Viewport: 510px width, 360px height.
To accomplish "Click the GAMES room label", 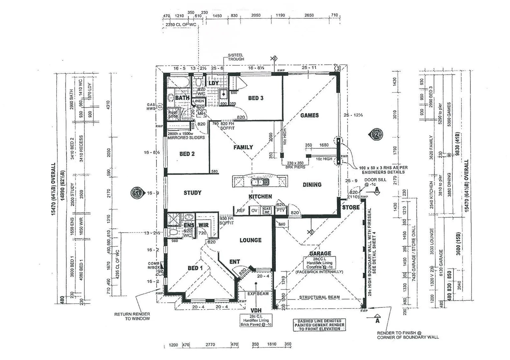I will tap(309, 115).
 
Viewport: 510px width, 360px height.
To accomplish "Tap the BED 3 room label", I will tap(256, 98).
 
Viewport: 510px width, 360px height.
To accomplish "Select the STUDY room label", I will tap(192, 193).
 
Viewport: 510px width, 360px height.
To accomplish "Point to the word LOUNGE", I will tap(250, 240).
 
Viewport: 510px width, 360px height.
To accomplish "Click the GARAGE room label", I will tap(320, 253).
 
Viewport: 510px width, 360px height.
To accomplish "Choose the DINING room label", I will tap(312, 185).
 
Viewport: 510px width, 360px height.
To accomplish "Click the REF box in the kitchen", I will tap(240, 211).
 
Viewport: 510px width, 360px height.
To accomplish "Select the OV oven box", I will tap(254, 211).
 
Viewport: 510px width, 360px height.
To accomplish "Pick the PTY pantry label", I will tap(281, 211).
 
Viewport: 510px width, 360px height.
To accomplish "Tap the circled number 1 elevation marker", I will tap(137, 193).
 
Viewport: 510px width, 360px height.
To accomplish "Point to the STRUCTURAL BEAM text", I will tap(319, 297).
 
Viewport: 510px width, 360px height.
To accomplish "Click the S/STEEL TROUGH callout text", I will tap(236, 57).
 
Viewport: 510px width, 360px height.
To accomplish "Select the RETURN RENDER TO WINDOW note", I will tap(132, 316).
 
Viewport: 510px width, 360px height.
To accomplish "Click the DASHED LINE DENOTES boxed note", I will tap(319, 325).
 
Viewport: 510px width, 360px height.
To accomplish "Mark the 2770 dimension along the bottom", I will tap(210, 345).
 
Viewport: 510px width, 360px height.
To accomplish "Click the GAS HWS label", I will tap(151, 107).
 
